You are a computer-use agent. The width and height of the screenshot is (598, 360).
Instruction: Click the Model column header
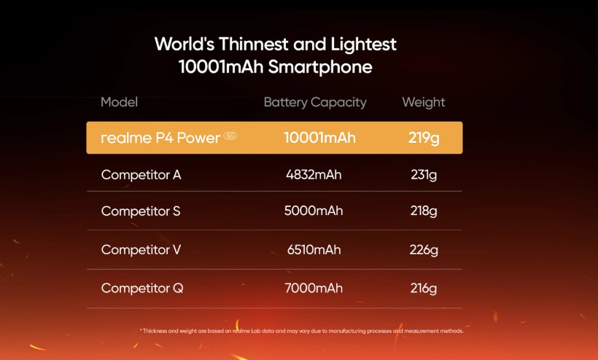(119, 102)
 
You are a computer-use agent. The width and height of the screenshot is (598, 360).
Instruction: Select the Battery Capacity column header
(315, 102)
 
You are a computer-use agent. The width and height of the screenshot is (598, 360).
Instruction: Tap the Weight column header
(423, 102)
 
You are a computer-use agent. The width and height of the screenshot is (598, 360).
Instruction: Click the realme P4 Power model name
(160, 138)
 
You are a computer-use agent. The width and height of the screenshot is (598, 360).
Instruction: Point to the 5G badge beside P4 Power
(230, 136)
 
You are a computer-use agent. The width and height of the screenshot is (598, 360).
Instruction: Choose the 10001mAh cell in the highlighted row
(319, 138)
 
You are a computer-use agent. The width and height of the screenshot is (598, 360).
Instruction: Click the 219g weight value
(424, 138)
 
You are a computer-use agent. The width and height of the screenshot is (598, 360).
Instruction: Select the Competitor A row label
(141, 175)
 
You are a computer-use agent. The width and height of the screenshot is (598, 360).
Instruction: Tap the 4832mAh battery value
(314, 175)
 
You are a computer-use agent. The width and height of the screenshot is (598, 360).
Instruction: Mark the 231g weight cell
(424, 175)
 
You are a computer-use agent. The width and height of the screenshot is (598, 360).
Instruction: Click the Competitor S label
(141, 211)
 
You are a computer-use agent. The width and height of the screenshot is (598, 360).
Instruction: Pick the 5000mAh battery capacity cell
(314, 211)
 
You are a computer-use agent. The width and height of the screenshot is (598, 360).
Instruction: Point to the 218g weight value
(424, 211)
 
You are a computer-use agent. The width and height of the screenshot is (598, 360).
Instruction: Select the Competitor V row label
(141, 250)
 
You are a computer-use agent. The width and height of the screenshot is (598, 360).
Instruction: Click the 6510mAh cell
(314, 250)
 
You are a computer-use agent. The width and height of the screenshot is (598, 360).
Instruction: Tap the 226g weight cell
(424, 250)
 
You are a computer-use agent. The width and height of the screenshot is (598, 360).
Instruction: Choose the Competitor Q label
(142, 289)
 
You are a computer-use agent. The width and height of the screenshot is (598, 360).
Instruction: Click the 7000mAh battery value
(314, 289)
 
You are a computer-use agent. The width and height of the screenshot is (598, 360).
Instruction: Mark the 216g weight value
(424, 289)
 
